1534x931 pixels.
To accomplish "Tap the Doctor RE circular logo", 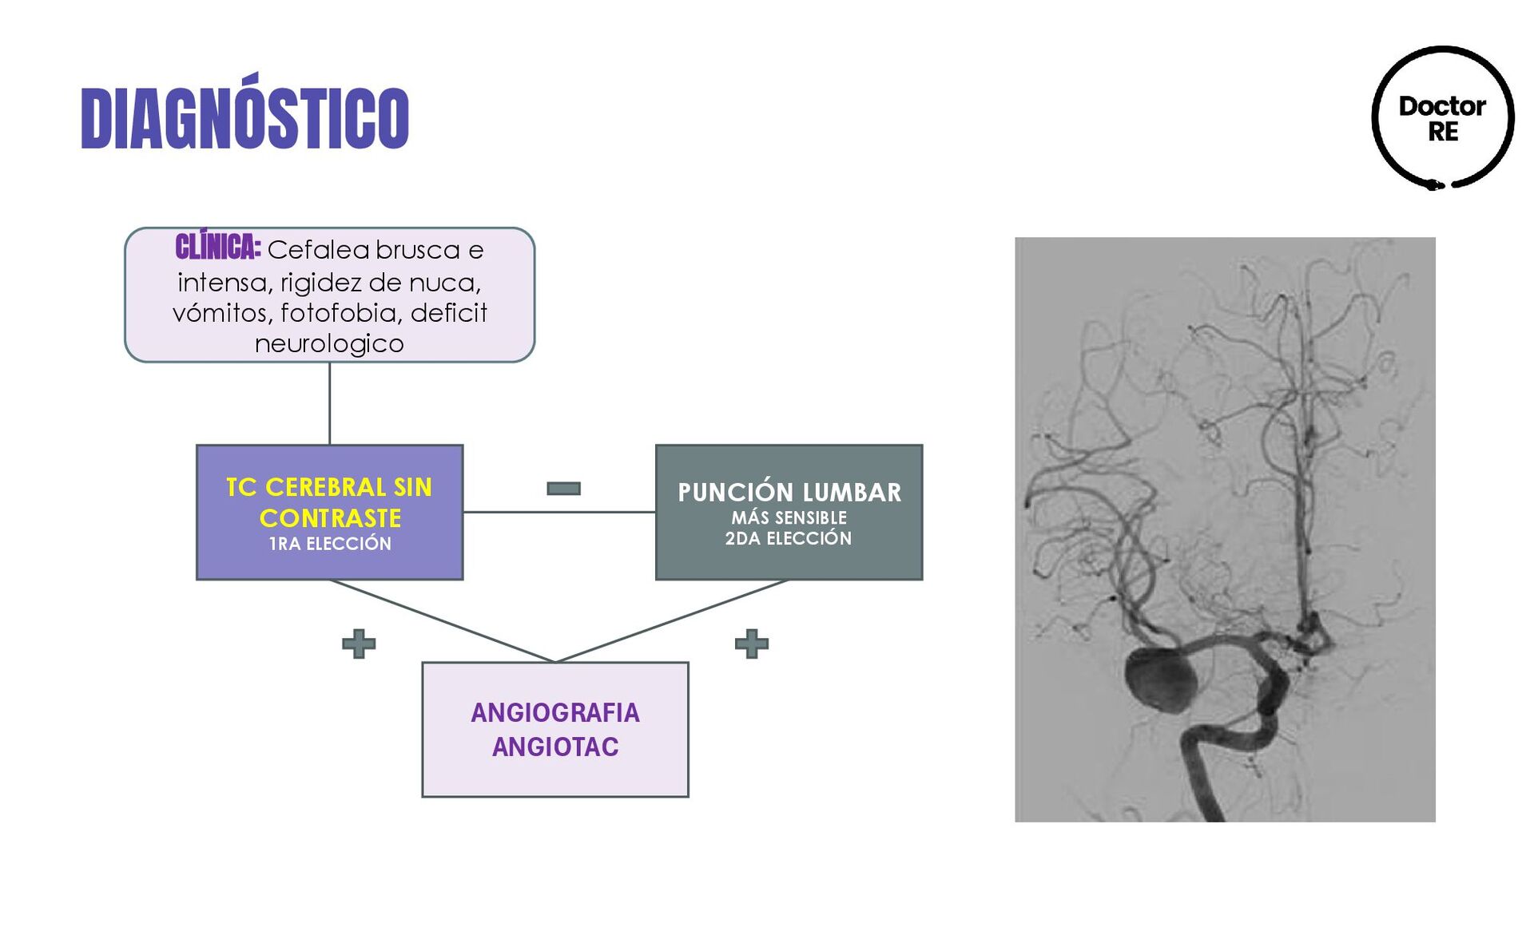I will (x=1442, y=118).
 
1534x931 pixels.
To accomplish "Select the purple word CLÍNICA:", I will (x=217, y=248).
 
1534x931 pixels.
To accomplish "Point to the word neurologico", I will (x=329, y=344).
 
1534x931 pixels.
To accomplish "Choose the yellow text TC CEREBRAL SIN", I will (x=329, y=487).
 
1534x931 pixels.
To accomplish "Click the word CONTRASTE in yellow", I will (x=330, y=518).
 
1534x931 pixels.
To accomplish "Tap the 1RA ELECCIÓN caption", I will (x=330, y=544).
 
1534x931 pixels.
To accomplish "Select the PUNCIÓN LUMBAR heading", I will (x=789, y=492).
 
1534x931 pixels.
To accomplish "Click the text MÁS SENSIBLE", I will (x=789, y=517).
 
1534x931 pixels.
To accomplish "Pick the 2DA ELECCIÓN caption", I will (x=789, y=538).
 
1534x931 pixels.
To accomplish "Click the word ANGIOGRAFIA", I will (x=555, y=712).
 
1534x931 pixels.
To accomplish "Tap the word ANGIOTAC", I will (x=555, y=747).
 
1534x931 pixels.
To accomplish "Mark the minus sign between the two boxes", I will (x=563, y=488).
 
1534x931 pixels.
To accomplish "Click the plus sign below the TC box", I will (x=359, y=644).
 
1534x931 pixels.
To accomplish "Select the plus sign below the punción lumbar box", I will (x=751, y=644).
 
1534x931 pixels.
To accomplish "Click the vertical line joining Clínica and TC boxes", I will (x=329, y=403).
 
